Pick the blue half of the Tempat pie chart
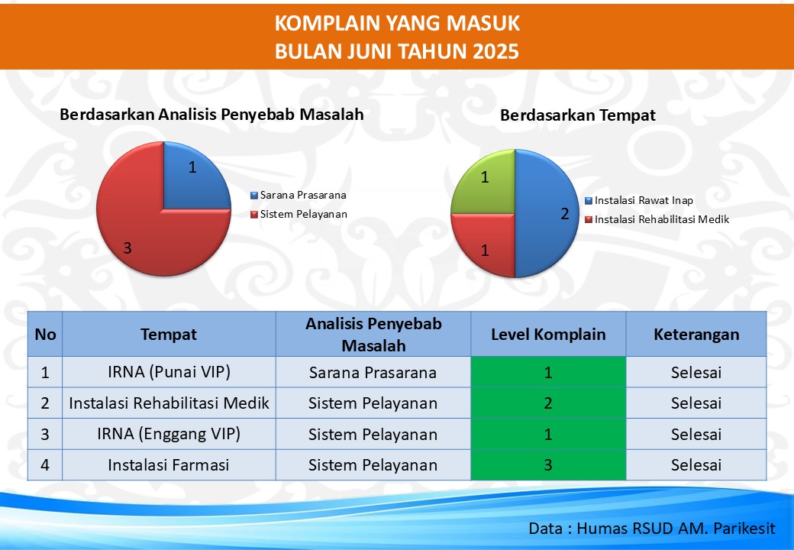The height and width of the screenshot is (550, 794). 547,214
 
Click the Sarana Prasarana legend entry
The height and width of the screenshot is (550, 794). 299,195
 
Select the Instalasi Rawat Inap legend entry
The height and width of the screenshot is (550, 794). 638,201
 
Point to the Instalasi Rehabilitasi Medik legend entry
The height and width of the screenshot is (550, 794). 657,219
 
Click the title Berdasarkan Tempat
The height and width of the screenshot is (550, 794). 578,115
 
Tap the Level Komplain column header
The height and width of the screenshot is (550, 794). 548,335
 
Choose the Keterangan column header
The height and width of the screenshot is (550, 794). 696,335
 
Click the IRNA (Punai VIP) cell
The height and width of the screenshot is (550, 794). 169,372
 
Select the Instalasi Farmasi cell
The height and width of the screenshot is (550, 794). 169,465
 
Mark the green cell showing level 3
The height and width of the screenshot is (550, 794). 548,465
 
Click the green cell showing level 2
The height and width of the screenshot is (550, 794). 548,403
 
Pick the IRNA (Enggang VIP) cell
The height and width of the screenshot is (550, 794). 169,434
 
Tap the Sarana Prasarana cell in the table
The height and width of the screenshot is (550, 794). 373,372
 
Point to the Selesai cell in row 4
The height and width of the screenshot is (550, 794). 696,465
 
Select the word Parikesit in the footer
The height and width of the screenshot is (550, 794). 744,528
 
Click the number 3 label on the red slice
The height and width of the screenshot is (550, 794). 127,247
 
